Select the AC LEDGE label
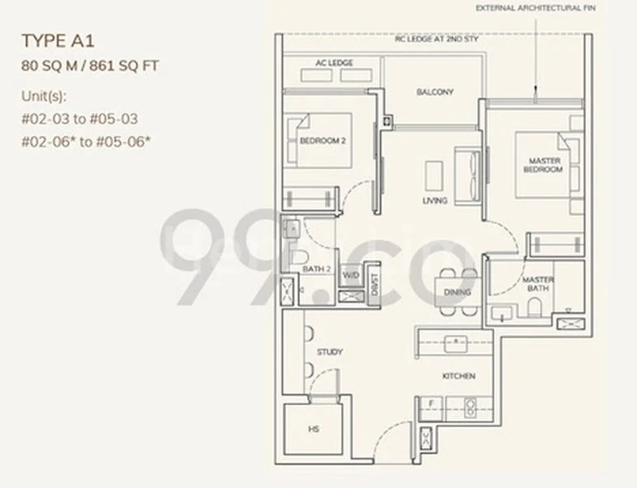tap(335, 62)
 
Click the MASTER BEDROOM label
tap(544, 165)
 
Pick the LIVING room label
tap(435, 200)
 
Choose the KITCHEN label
tap(458, 376)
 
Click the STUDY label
tap(331, 352)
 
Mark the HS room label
tap(313, 428)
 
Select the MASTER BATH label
tap(538, 284)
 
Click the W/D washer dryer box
tap(350, 276)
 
